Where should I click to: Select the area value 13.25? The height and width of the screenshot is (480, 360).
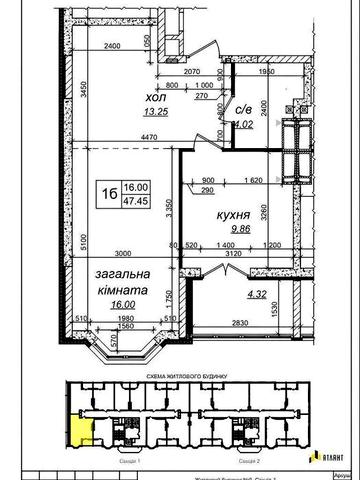click(128, 114)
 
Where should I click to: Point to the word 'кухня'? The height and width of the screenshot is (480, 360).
click(233, 214)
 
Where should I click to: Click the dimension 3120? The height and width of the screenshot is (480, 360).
click(234, 254)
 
